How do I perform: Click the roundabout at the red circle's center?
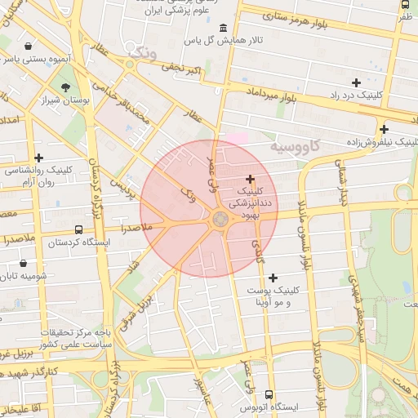[220, 219]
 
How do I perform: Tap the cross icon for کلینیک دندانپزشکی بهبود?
[250, 179]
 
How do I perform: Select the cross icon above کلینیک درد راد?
[356, 82]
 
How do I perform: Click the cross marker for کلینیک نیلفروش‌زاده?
[384, 129]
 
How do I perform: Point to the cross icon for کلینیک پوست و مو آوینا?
[273, 278]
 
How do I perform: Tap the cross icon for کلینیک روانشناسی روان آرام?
[38, 157]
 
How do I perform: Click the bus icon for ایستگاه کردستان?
[78, 230]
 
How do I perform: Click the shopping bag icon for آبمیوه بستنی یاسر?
[29, 46]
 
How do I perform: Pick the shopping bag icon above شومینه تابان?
[23, 264]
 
